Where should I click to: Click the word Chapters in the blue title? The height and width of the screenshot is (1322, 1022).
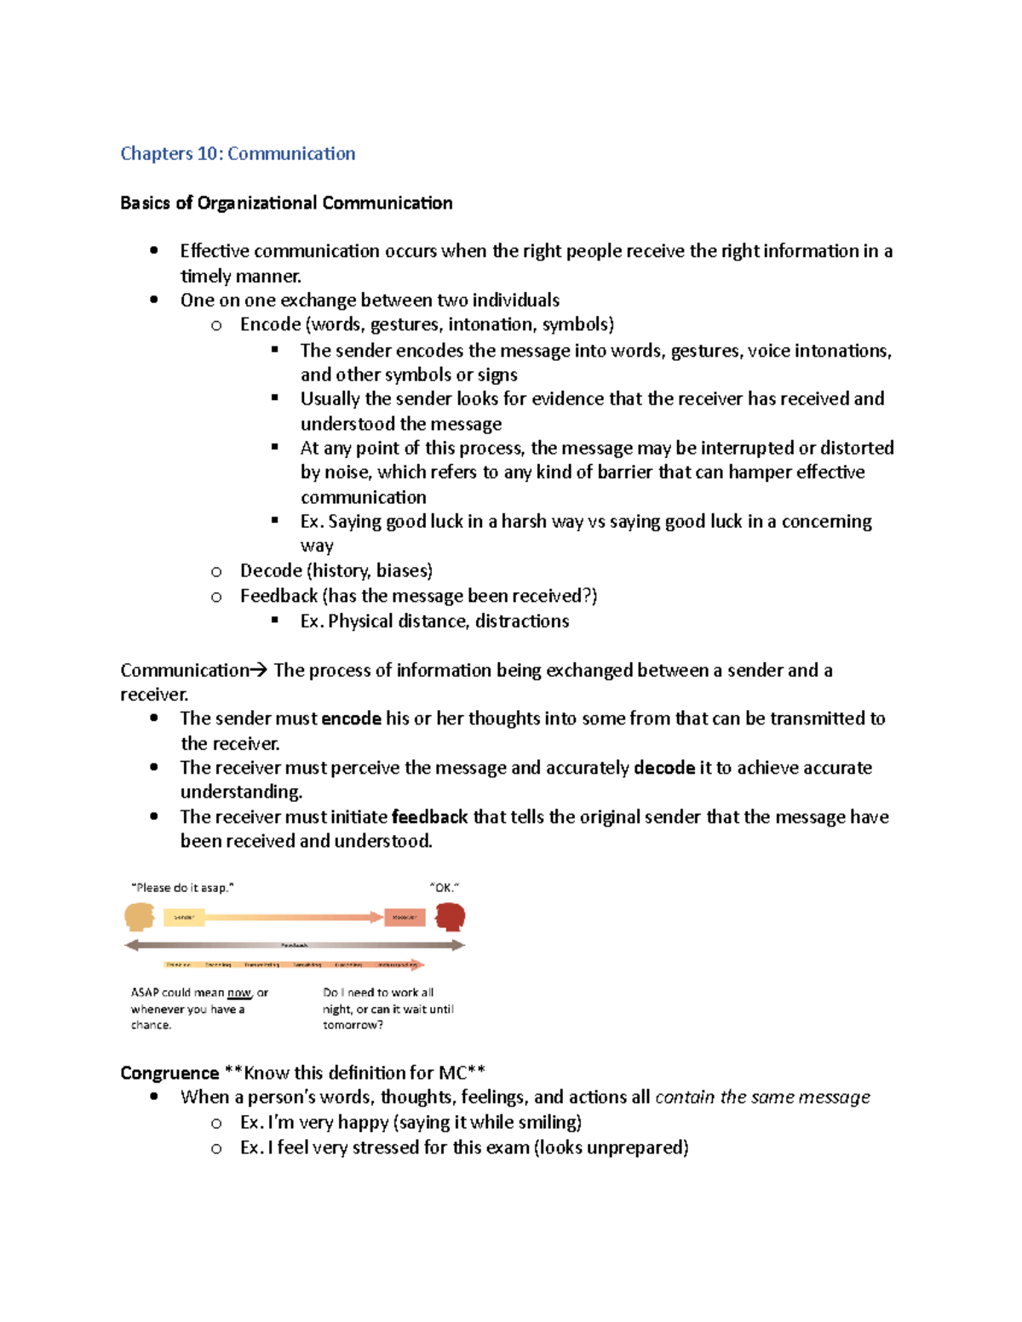point(157,154)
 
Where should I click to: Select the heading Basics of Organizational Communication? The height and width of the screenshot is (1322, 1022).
point(286,203)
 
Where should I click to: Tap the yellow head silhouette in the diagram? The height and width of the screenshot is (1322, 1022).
point(139,917)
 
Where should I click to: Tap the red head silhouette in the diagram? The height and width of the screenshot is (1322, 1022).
point(451,917)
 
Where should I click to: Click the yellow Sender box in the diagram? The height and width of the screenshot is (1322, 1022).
point(184,918)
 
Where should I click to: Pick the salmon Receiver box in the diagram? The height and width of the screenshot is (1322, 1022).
point(405,918)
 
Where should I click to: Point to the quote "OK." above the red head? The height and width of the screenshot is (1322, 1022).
point(445,887)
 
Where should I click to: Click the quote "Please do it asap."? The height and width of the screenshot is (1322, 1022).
point(182,887)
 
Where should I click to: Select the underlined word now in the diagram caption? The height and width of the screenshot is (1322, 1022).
point(239,993)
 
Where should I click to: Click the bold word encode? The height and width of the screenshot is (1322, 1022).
point(351,719)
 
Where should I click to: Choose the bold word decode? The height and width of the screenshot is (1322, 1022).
point(664,768)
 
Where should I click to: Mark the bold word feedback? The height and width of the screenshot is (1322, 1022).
point(429,817)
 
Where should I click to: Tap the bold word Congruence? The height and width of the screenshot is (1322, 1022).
point(169,1073)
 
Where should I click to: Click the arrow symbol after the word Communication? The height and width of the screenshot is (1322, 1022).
point(259,671)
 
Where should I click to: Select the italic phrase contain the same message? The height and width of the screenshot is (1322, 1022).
point(762,1097)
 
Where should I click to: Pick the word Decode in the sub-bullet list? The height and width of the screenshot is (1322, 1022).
point(271,571)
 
